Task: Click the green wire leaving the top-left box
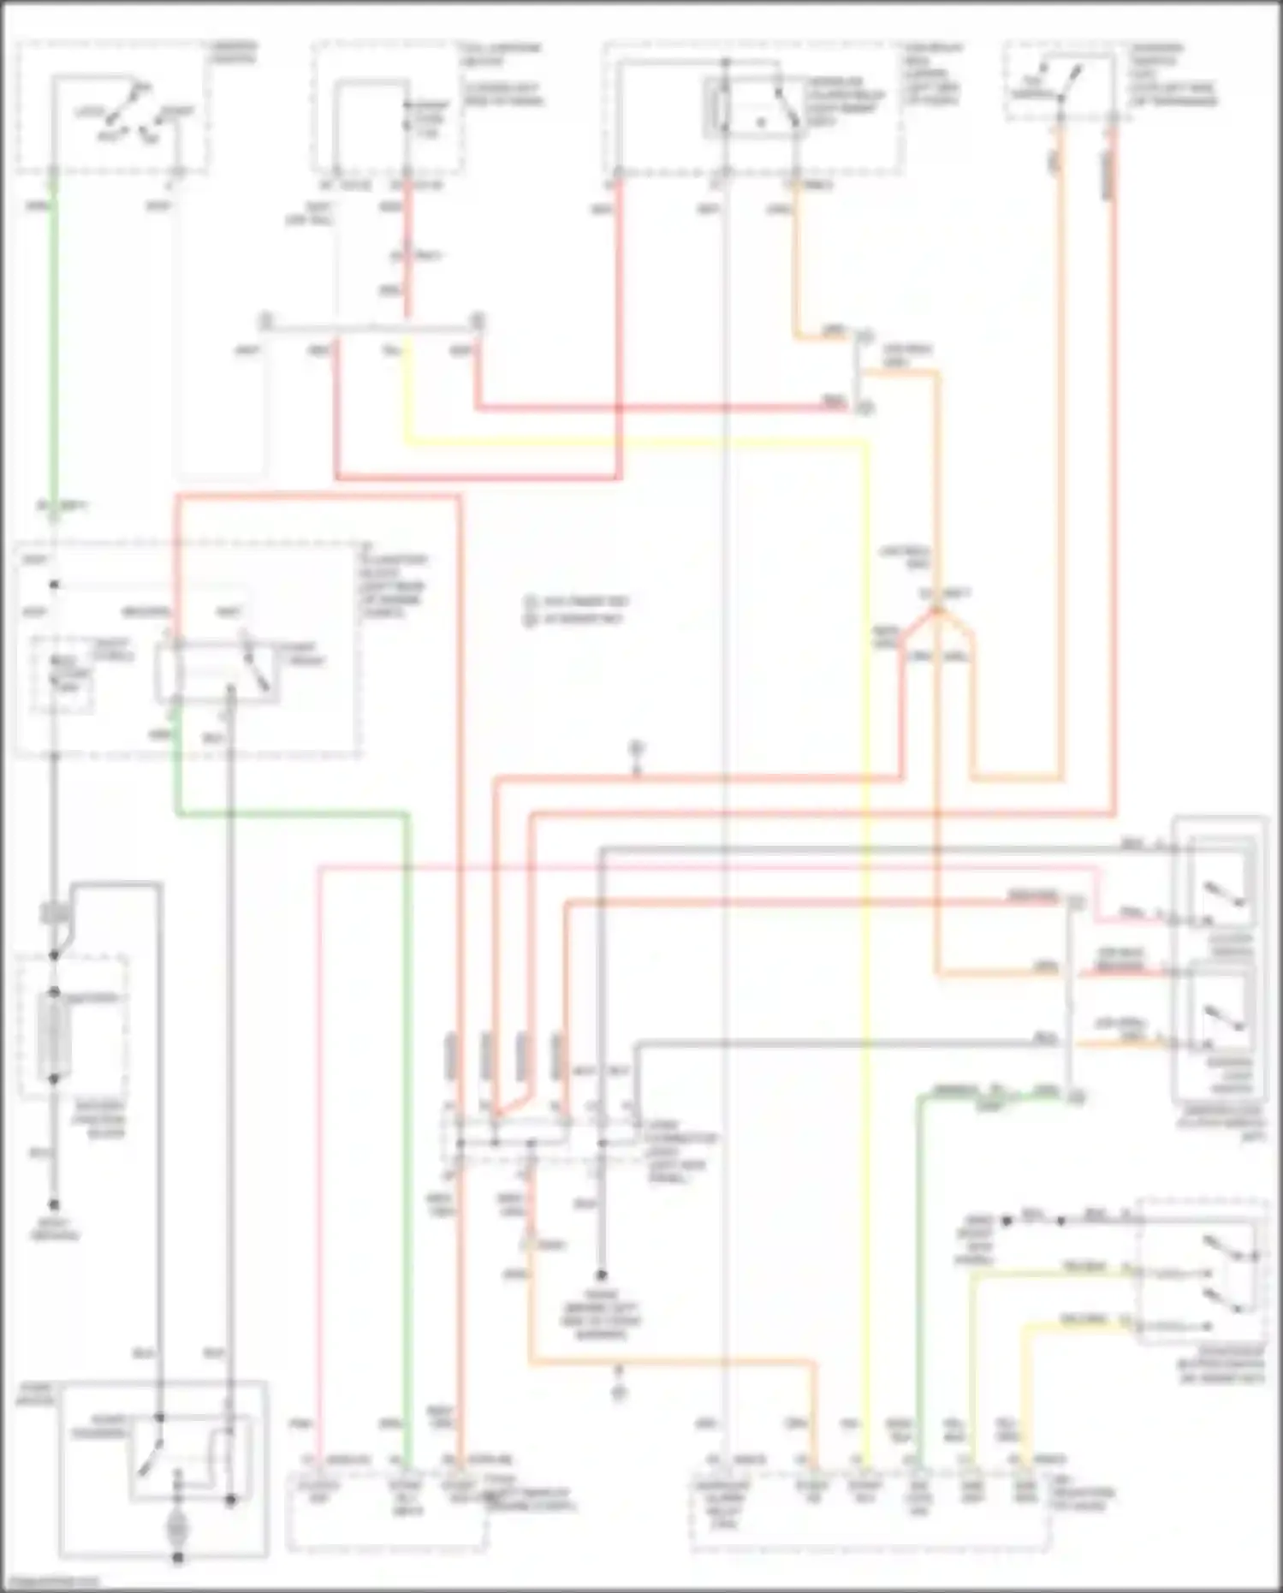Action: point(53,342)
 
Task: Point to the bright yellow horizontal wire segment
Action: point(633,443)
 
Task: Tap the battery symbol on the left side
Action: point(54,1036)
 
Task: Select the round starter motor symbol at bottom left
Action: point(178,1530)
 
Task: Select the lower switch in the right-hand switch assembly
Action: point(1224,1019)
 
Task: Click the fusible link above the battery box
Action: point(54,914)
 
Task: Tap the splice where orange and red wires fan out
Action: point(937,609)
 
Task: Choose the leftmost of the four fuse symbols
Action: point(452,1057)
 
